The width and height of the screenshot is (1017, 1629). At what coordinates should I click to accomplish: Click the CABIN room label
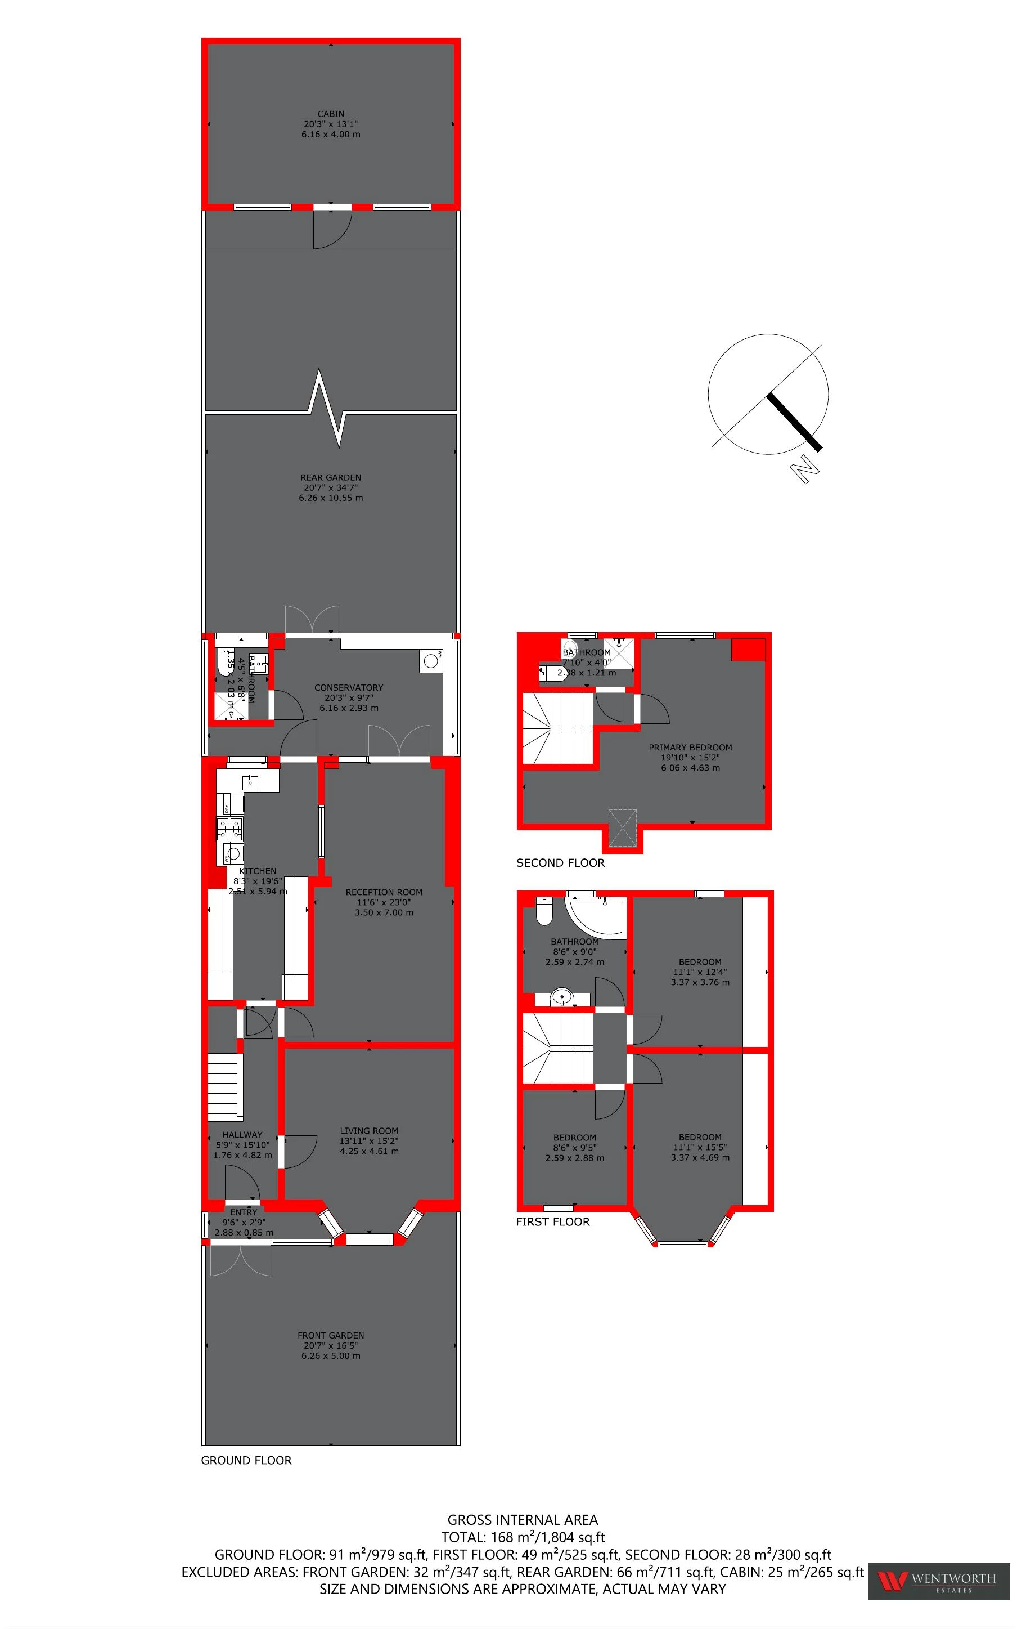click(x=330, y=114)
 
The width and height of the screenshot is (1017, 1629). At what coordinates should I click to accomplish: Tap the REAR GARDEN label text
click(x=330, y=478)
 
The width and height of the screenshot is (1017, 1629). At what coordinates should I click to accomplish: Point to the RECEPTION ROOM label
click(x=384, y=892)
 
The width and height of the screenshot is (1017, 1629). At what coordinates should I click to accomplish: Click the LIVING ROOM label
click(x=368, y=1131)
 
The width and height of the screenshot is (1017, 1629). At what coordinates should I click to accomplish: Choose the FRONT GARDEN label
click(x=330, y=1336)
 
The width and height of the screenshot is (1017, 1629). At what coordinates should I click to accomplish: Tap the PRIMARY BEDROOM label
click(x=690, y=748)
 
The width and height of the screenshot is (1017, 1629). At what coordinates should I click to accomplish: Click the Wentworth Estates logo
click(x=938, y=1581)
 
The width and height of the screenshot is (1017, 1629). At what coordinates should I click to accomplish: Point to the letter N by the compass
click(x=804, y=469)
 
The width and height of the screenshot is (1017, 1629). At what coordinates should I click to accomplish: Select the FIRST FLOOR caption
click(x=552, y=1222)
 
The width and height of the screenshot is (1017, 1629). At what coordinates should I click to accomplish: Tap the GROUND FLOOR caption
click(x=246, y=1461)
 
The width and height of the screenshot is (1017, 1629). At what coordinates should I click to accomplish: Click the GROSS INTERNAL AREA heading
click(x=523, y=1520)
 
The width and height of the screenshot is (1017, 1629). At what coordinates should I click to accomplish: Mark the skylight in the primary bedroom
click(x=622, y=827)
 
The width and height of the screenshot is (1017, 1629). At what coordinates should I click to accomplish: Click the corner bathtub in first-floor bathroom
click(x=595, y=915)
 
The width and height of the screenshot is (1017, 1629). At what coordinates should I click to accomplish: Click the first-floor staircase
click(x=557, y=1048)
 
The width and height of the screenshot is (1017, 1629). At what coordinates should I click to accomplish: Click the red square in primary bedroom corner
click(x=748, y=650)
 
